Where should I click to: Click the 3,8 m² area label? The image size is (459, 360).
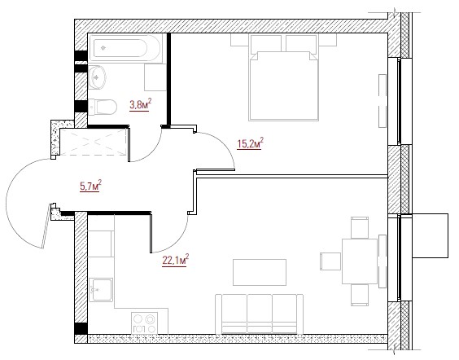[141, 104]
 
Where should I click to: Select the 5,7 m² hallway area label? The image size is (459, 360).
[91, 186]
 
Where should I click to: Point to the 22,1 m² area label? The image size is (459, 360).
[176, 261]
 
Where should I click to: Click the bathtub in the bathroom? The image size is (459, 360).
[125, 48]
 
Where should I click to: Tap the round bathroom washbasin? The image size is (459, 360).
[97, 77]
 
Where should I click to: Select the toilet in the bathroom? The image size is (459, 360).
[103, 108]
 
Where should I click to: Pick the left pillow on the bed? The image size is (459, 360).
[266, 44]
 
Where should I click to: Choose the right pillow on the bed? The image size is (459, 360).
[301, 44]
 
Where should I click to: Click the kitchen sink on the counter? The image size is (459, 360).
[101, 290]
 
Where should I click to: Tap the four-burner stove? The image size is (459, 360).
[144, 323]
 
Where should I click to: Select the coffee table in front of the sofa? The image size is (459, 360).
[260, 272]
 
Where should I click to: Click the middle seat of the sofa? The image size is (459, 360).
[260, 314]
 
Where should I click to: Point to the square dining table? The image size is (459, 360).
[360, 261]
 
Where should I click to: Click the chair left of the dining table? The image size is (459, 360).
[330, 261]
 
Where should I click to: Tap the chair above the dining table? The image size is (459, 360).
[360, 227]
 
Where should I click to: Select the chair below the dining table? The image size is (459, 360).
[360, 295]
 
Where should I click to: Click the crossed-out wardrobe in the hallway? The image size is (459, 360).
[94, 142]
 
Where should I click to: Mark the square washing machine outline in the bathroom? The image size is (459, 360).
[155, 77]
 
